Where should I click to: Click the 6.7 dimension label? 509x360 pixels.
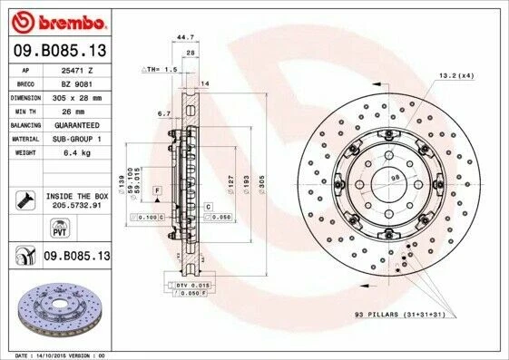tap(164, 114)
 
